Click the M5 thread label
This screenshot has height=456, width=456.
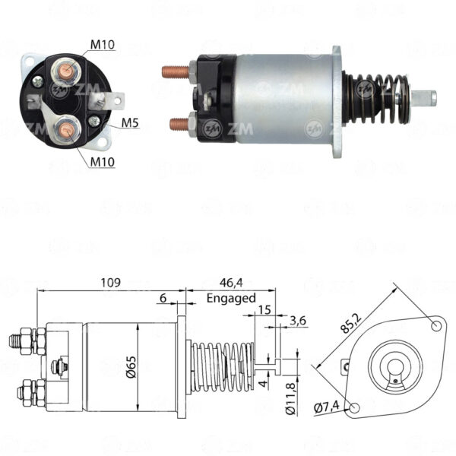[x=130, y=123]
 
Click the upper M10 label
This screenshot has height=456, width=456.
[x=103, y=45]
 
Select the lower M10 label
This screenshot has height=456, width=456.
[x=103, y=162]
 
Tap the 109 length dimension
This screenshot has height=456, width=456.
[x=110, y=283]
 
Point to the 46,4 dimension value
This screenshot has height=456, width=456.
[x=231, y=283]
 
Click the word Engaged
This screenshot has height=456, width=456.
[x=231, y=299]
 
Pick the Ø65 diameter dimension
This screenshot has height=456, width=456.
[x=131, y=367]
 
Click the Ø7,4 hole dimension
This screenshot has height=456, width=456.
[x=327, y=407]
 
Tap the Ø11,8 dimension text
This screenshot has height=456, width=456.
[x=291, y=397]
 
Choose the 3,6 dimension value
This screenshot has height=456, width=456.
[x=298, y=321]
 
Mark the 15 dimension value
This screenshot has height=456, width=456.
[x=264, y=310]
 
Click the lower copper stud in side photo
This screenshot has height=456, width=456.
[x=179, y=124]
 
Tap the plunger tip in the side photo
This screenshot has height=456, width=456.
[x=424, y=99]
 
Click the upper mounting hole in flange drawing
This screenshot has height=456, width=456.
[x=436, y=326]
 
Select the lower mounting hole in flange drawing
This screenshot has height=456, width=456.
[x=354, y=407]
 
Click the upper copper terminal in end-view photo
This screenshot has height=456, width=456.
[x=65, y=71]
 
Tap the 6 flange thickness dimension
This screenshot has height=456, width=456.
[x=163, y=298]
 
